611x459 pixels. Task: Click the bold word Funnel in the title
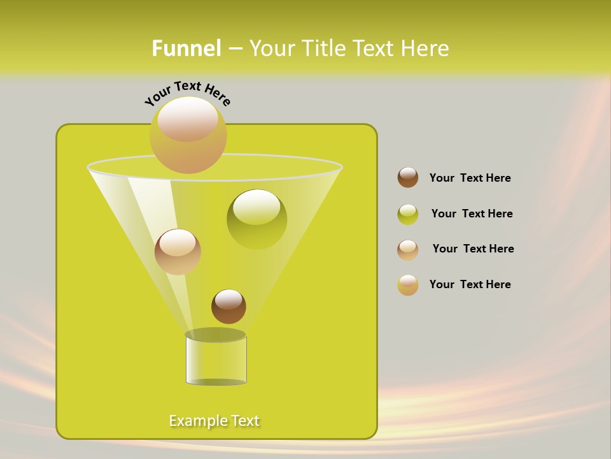(x=186, y=48)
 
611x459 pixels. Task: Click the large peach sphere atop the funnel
(x=188, y=135)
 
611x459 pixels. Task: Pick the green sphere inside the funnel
(x=256, y=219)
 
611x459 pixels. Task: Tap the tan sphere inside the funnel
(x=178, y=252)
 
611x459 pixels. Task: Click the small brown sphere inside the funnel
(x=228, y=306)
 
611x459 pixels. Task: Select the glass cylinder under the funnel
(x=216, y=360)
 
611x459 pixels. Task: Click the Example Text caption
(x=214, y=421)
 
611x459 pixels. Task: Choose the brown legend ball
(x=408, y=178)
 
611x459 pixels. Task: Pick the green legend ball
(x=408, y=214)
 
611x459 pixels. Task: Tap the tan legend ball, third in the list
(x=408, y=250)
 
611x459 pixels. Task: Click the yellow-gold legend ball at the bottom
(x=408, y=285)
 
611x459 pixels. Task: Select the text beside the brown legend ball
(x=470, y=178)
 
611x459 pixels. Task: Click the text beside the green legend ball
(x=472, y=214)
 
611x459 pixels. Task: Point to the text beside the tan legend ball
(x=473, y=249)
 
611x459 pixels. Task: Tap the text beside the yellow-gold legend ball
(x=470, y=285)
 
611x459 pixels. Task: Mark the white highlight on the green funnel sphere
(x=256, y=207)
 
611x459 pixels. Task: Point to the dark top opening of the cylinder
(x=216, y=335)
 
